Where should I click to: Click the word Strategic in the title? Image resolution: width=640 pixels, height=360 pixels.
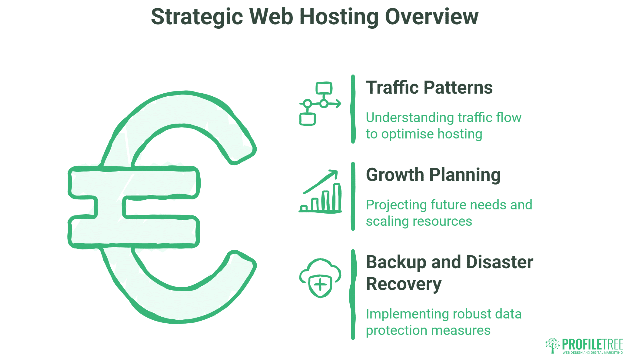[197, 17]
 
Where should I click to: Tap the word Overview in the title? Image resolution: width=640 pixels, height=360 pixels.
[432, 17]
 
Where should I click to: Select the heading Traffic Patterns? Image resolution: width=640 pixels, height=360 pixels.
[429, 88]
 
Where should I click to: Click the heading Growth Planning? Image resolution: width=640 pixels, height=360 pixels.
[433, 175]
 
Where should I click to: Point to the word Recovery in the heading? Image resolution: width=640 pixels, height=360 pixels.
[403, 284]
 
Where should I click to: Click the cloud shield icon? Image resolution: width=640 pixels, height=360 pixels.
[320, 278]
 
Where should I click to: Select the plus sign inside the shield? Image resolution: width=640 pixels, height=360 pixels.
[320, 285]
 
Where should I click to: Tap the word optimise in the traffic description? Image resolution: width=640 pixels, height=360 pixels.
[408, 134]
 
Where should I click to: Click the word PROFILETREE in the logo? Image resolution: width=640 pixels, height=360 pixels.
[592, 344]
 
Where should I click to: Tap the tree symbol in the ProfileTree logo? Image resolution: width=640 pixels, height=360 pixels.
[552, 345]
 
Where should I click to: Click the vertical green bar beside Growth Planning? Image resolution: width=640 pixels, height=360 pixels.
[353, 196]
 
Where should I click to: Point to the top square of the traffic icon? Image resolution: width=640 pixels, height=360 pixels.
[324, 88]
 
